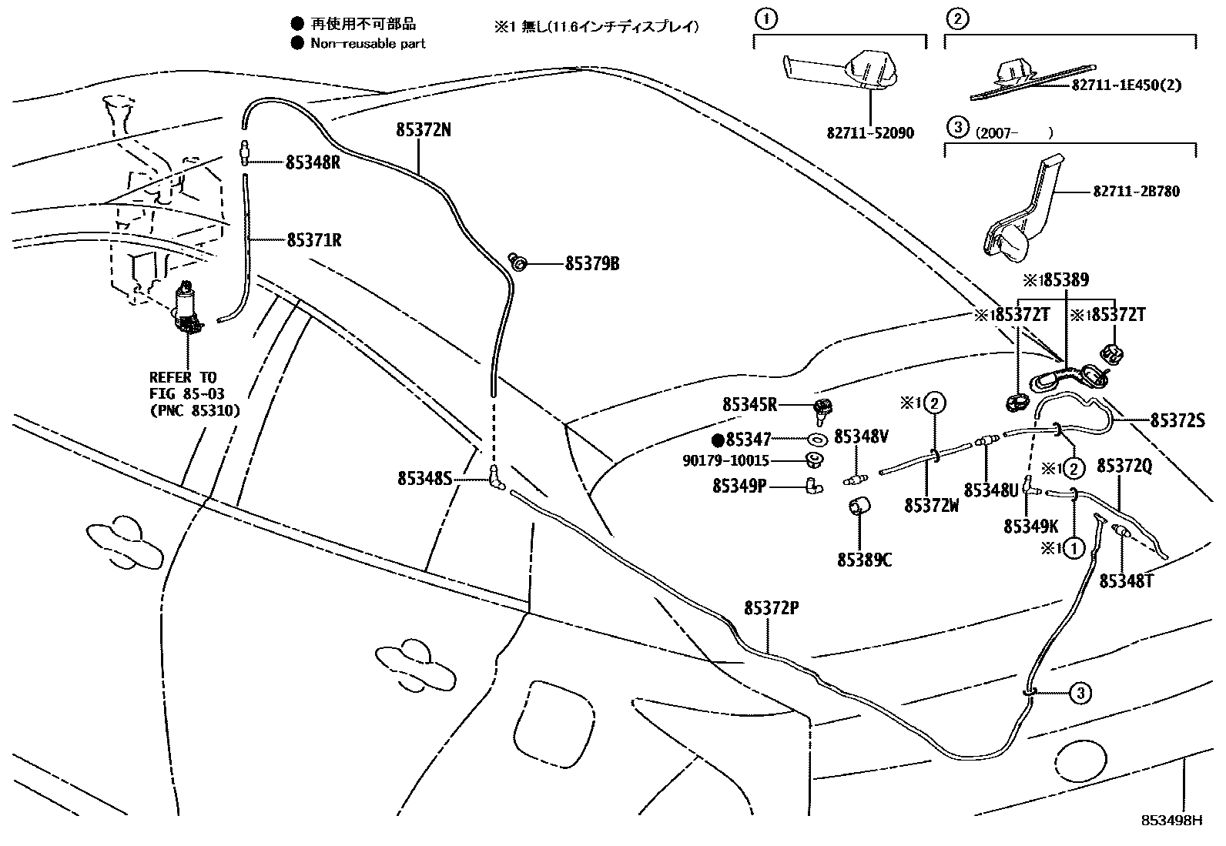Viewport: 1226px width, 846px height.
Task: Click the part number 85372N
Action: pyautogui.click(x=423, y=130)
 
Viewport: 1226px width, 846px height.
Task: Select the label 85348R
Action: pyautogui.click(x=313, y=162)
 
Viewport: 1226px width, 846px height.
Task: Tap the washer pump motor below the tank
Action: pyautogui.click(x=187, y=308)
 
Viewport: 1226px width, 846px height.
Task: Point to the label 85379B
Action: pyautogui.click(x=591, y=264)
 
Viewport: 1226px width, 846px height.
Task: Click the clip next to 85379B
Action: pyautogui.click(x=520, y=263)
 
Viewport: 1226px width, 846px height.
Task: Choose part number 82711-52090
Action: pyautogui.click(x=870, y=133)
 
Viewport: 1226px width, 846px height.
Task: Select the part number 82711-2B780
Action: pyautogui.click(x=1135, y=191)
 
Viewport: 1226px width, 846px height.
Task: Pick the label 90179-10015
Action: pyautogui.click(x=725, y=461)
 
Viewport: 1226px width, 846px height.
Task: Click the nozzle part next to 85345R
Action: pyautogui.click(x=822, y=410)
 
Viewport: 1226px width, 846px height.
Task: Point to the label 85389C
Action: pyautogui.click(x=864, y=560)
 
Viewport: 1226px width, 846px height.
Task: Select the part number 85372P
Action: pyautogui.click(x=771, y=608)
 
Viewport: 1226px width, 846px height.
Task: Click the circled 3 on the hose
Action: pyautogui.click(x=1080, y=694)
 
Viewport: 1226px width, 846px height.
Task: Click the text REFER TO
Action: pyautogui.click(x=183, y=377)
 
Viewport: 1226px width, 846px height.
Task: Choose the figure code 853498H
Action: pyautogui.click(x=1171, y=820)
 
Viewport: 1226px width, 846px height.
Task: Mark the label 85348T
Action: pyautogui.click(x=1126, y=580)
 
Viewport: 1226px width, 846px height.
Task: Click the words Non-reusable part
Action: pyautogui.click(x=367, y=44)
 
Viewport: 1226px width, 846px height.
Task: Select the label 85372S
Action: pyautogui.click(x=1177, y=420)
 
